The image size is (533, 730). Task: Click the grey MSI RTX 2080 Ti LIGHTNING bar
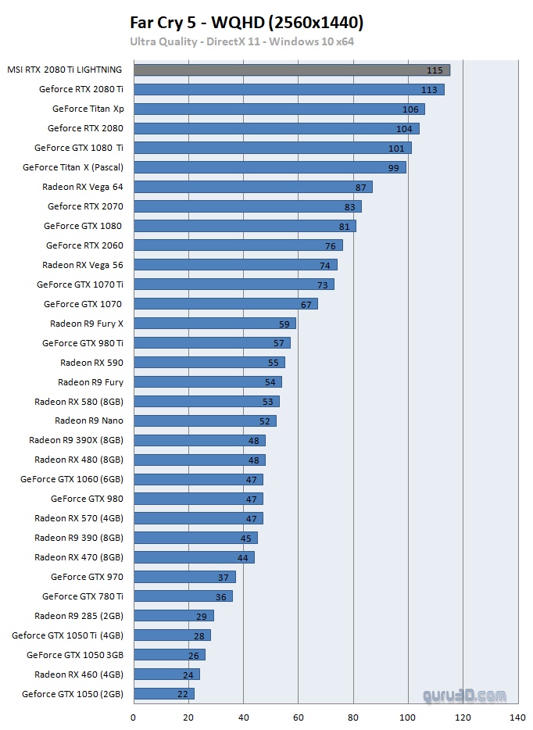(291, 70)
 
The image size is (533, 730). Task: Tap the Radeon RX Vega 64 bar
(252, 187)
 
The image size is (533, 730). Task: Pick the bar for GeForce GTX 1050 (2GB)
(163, 693)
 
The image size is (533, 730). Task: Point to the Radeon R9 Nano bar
(205, 420)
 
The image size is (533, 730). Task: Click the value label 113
(429, 90)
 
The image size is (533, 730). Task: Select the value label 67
(306, 304)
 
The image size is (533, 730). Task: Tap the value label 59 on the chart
(284, 324)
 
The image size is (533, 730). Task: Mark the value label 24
(188, 675)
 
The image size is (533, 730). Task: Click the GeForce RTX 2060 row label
(84, 245)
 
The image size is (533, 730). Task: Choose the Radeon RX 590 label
(91, 363)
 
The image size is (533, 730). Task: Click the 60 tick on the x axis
(298, 717)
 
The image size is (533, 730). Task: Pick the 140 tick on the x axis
(517, 717)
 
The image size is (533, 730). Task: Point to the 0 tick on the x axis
(134, 717)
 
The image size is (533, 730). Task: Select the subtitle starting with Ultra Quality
(241, 41)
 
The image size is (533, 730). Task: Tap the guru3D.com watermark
(464, 695)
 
